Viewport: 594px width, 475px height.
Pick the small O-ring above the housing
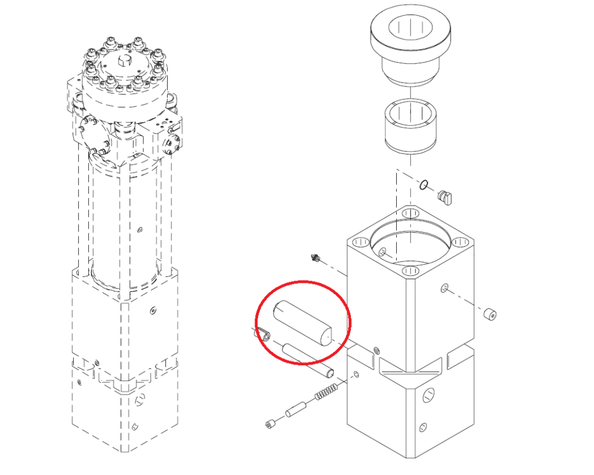click(x=424, y=186)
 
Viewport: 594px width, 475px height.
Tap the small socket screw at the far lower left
click(x=270, y=424)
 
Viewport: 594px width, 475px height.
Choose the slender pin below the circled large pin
click(x=307, y=359)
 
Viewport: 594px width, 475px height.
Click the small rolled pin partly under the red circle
click(x=265, y=334)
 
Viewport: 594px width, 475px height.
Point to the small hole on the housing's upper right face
click(x=445, y=288)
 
